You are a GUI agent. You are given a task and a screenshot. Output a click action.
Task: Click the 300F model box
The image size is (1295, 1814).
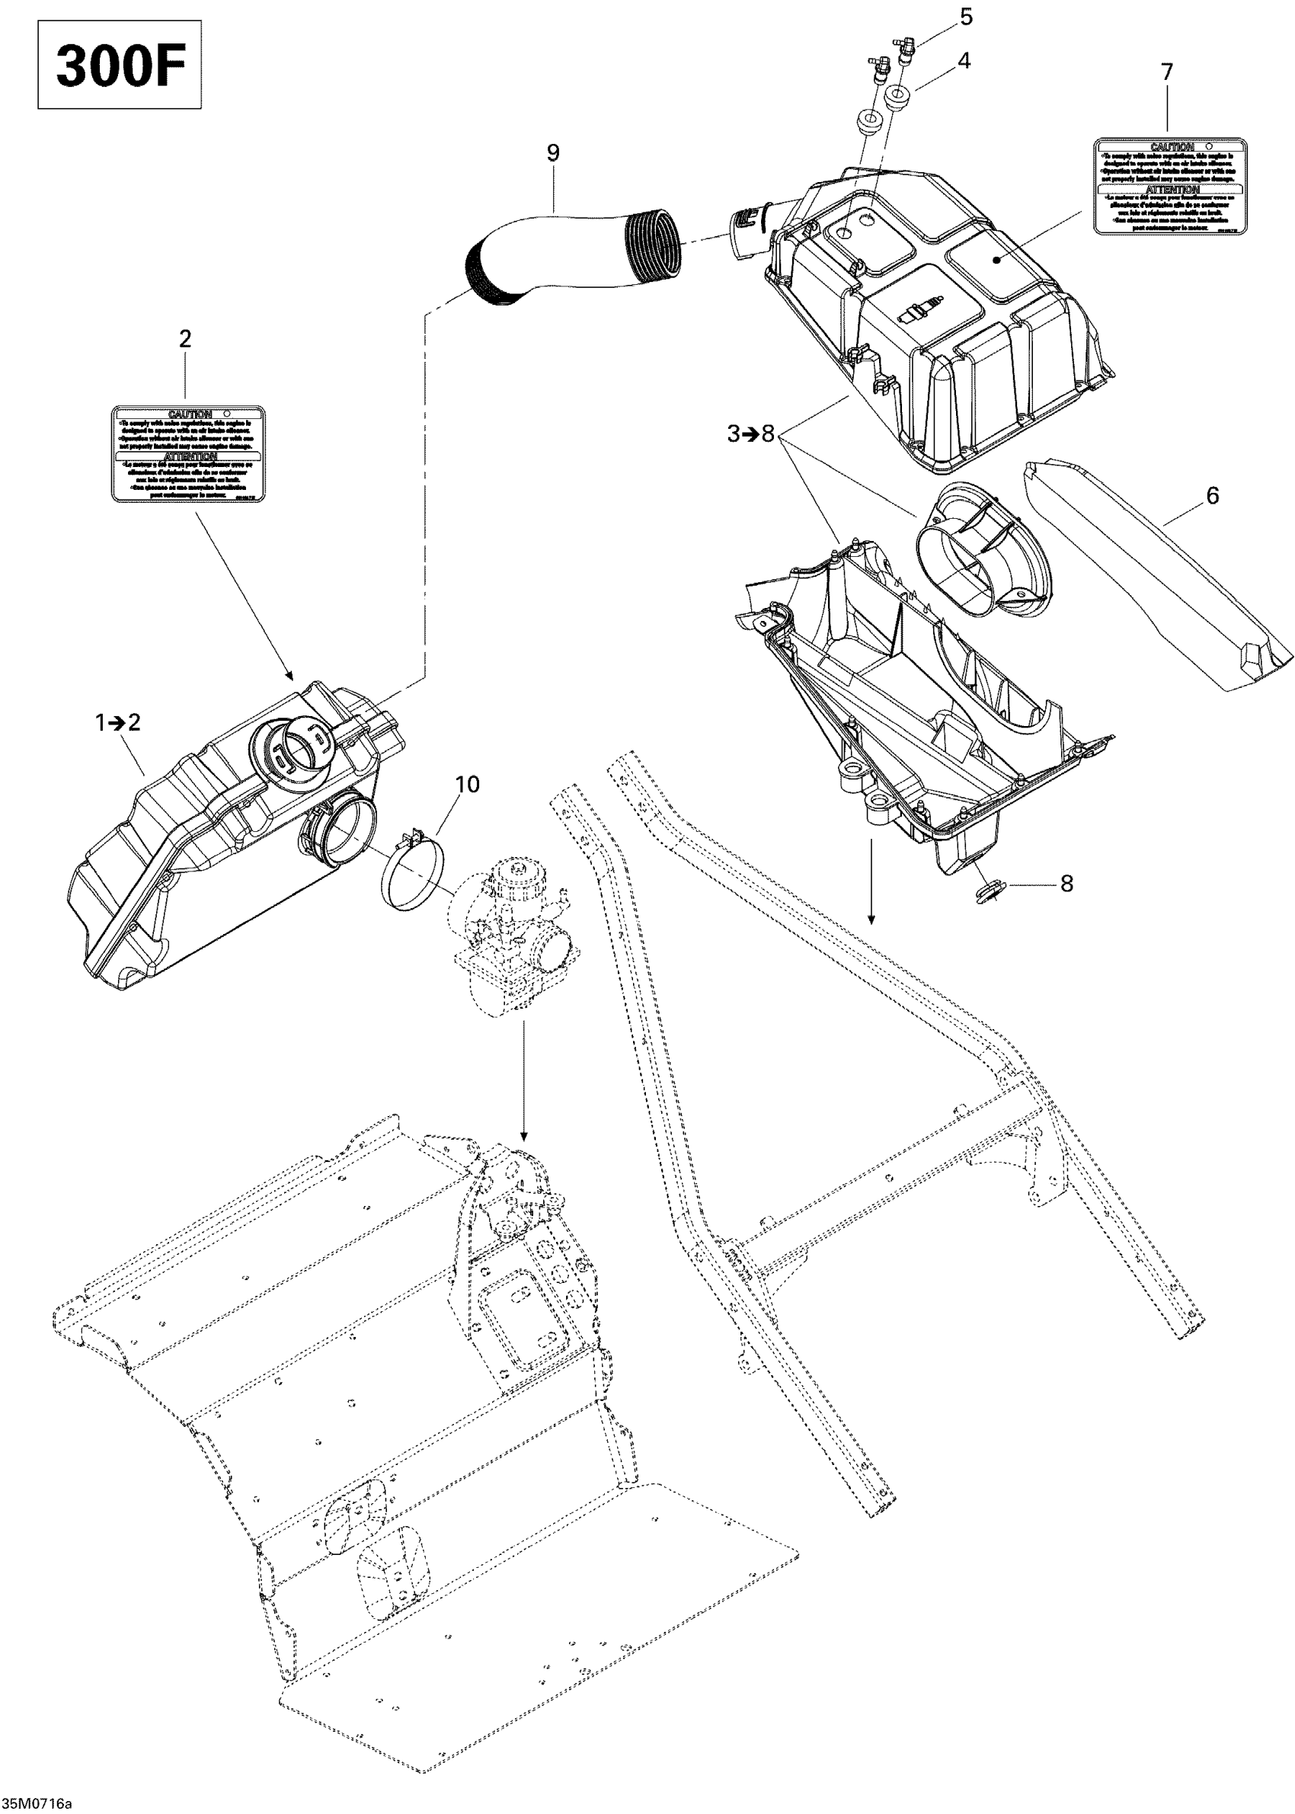tap(120, 65)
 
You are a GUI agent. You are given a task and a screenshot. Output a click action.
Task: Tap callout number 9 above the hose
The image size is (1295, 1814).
tap(552, 152)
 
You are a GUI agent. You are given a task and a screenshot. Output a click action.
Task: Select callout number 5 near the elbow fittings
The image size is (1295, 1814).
tap(967, 17)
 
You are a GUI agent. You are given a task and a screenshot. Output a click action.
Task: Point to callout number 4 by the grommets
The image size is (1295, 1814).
tap(964, 61)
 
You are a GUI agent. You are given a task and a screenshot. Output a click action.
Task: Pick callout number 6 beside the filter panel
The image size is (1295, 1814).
tap(1212, 495)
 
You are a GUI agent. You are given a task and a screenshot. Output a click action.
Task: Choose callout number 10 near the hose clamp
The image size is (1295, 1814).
tap(467, 784)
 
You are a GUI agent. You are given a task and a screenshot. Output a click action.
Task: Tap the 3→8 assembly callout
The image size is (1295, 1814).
tap(751, 434)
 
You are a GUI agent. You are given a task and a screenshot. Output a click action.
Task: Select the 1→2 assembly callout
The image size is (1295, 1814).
tap(118, 722)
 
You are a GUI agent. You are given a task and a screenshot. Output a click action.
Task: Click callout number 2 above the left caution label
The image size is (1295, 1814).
tap(185, 339)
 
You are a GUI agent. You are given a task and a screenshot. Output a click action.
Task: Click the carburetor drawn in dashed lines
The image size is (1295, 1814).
tap(510, 933)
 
